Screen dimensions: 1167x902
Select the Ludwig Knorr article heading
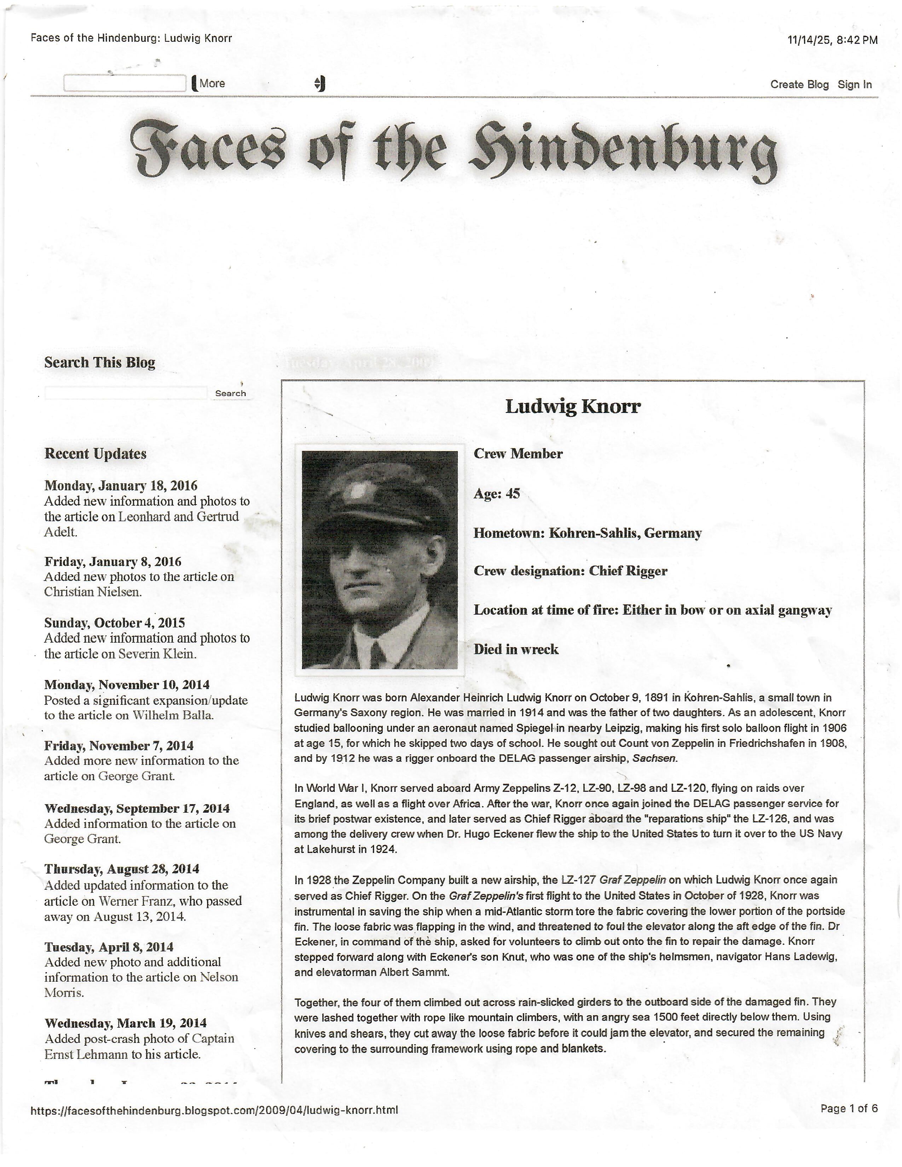click(x=572, y=407)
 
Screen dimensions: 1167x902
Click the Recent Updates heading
click(x=95, y=454)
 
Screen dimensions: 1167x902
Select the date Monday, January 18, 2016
click(x=121, y=486)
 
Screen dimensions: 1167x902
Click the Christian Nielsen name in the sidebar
click(x=93, y=592)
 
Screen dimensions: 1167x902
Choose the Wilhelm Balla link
click(x=173, y=715)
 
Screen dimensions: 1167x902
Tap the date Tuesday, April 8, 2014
click(x=109, y=947)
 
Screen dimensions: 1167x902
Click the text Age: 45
click(x=496, y=493)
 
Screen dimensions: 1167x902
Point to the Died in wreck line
click(x=516, y=649)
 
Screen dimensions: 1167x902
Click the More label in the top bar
click(x=212, y=83)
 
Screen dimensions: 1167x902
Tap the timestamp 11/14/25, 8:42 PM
click(x=832, y=40)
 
